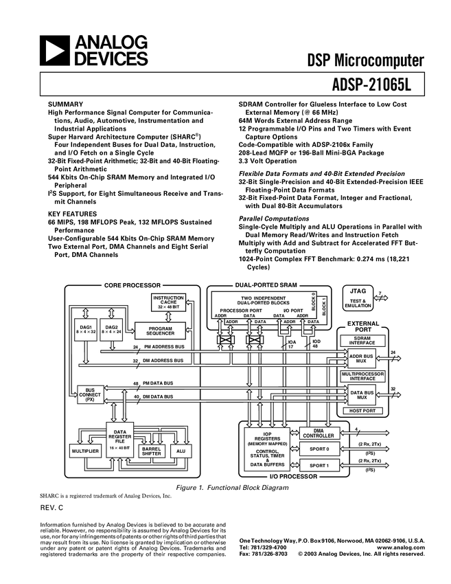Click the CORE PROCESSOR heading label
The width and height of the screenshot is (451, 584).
pyautogui.click(x=132, y=284)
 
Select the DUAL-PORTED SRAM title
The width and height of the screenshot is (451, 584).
pyautogui.click(x=264, y=284)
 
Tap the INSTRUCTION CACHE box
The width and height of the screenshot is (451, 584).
pyautogui.click(x=168, y=302)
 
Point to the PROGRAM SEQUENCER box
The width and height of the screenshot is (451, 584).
pyautogui.click(x=160, y=330)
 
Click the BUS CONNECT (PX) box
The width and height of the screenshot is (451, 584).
pyautogui.click(x=90, y=394)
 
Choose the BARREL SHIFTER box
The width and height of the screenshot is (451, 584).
pyautogui.click(x=151, y=451)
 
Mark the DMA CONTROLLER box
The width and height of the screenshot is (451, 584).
pyautogui.click(x=319, y=433)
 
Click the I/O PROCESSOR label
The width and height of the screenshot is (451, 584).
pyautogui.click(x=293, y=476)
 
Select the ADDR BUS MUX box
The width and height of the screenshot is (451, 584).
pyautogui.click(x=361, y=359)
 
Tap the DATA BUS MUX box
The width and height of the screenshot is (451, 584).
pyautogui.click(x=361, y=395)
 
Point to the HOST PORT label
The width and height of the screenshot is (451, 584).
pyautogui.click(x=362, y=410)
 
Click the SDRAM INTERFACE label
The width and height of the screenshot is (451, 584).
pyautogui.click(x=362, y=341)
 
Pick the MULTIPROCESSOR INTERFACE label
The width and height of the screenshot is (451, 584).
pyautogui.click(x=362, y=376)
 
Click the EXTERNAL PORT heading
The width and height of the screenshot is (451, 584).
pyautogui.click(x=363, y=326)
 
